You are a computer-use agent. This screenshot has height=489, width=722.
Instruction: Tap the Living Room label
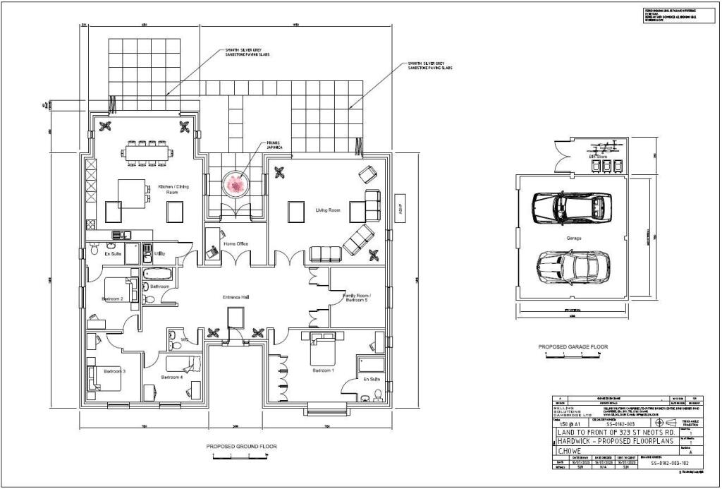click(328, 210)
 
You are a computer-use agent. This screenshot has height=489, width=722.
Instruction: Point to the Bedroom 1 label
click(324, 370)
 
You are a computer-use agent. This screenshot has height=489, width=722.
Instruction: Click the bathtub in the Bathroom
click(153, 274)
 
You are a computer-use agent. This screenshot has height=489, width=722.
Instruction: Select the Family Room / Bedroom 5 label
click(356, 297)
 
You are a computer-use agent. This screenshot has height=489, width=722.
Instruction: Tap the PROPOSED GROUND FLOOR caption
click(241, 447)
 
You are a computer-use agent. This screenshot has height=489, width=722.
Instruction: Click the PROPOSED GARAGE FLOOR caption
click(573, 347)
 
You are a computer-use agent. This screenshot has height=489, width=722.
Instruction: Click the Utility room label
click(160, 254)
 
